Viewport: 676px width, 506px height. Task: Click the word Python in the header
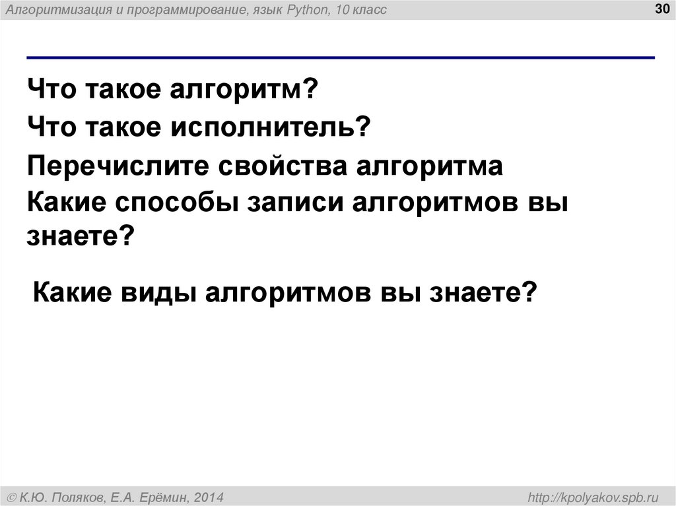click(301, 10)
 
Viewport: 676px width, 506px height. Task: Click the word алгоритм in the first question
click(239, 88)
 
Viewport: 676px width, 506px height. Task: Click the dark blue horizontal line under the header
click(341, 57)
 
